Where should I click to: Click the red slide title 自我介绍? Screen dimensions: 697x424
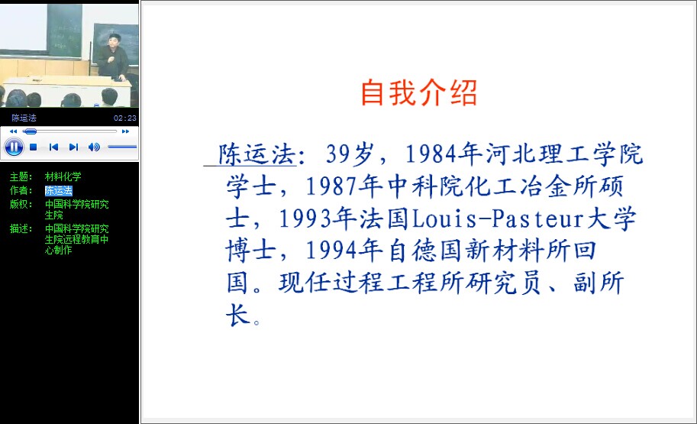(x=418, y=92)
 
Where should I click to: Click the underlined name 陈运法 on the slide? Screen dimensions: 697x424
(x=257, y=154)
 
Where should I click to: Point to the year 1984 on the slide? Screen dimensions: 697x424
(x=431, y=154)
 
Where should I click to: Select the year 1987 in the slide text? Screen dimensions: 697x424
(x=331, y=186)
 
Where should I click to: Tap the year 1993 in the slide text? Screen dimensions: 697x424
(x=305, y=219)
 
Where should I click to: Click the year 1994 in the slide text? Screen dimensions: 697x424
(x=331, y=251)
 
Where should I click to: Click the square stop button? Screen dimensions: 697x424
(x=33, y=147)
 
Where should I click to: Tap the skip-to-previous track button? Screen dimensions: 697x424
(x=53, y=147)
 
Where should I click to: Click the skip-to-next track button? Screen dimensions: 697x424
(x=74, y=147)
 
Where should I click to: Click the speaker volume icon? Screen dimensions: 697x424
(x=94, y=147)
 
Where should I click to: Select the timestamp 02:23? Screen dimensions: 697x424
(x=125, y=118)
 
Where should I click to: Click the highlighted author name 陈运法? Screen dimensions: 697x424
(x=58, y=190)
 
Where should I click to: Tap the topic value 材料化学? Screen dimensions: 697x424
(x=63, y=176)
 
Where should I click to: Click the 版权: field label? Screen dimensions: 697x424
(x=21, y=204)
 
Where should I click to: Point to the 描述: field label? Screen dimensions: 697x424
(x=21, y=228)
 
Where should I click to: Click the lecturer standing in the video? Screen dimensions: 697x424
(x=113, y=57)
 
